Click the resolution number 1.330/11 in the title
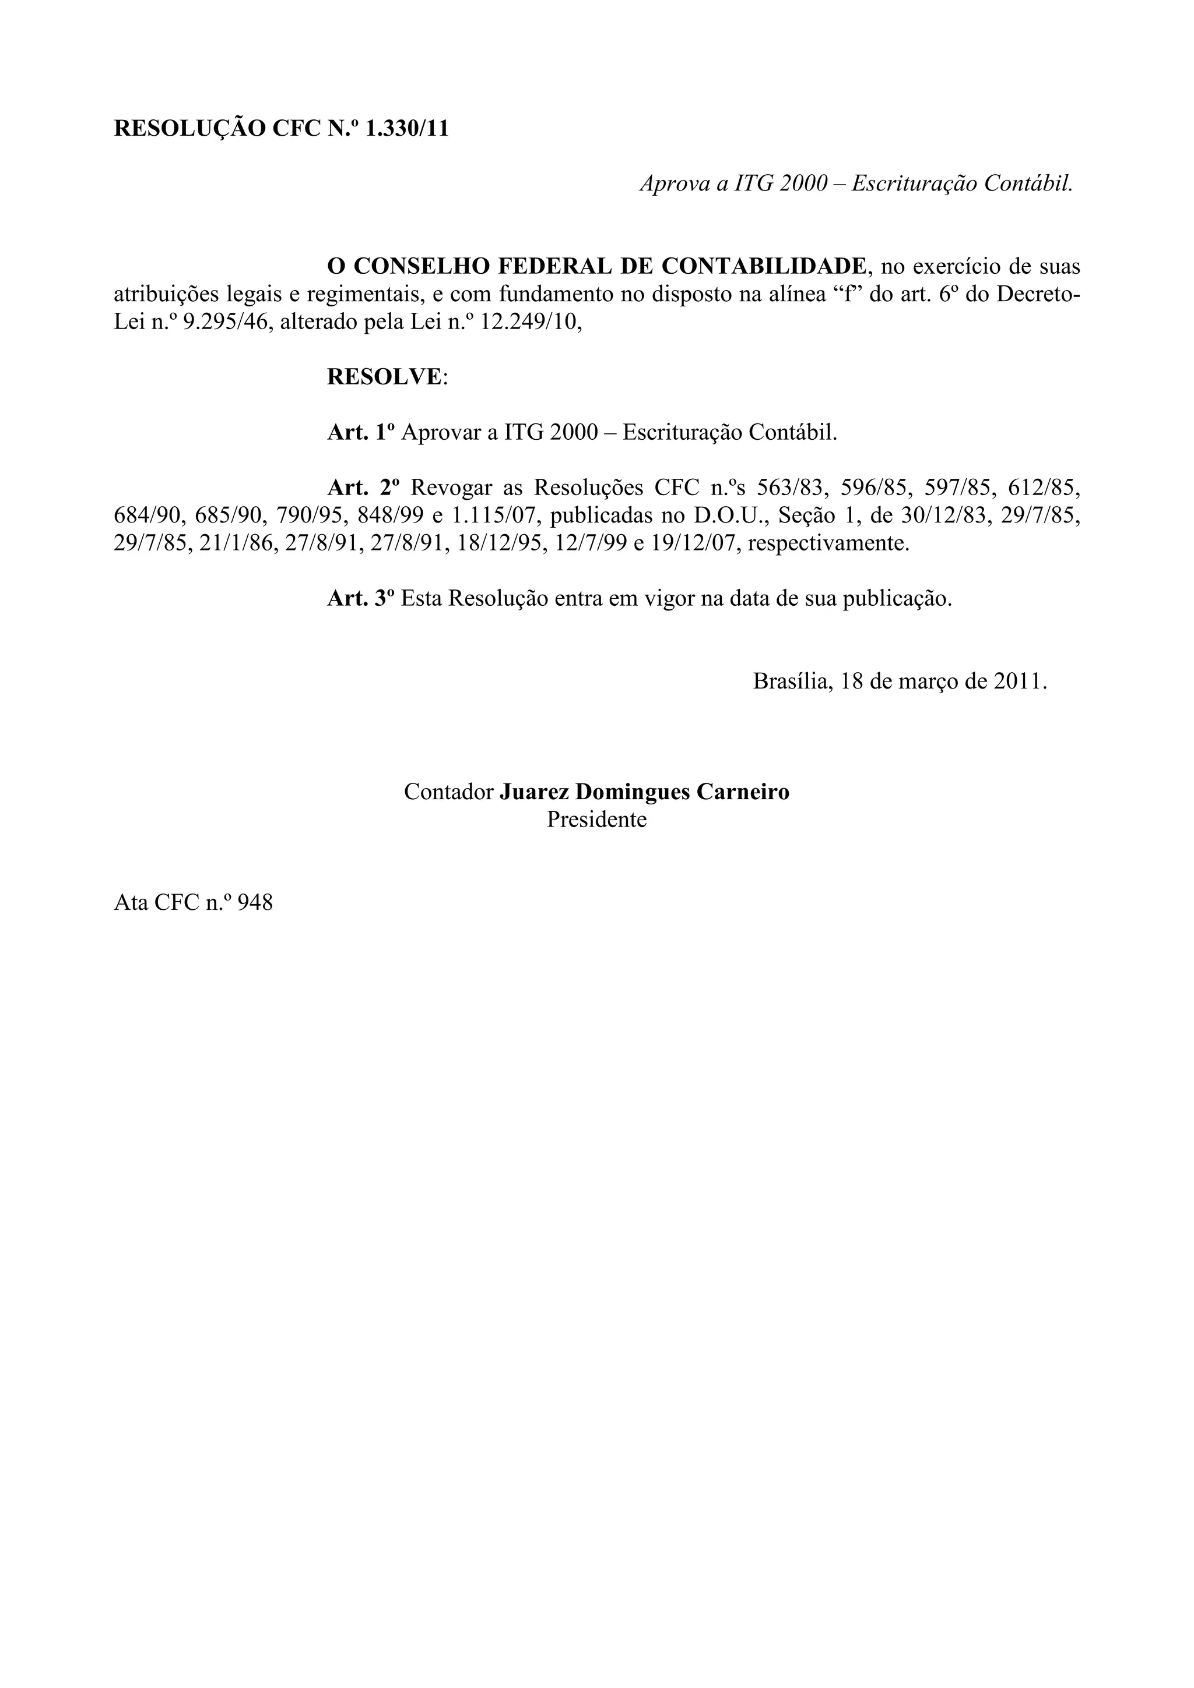point(407,129)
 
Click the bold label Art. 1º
point(360,432)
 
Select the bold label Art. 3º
point(360,598)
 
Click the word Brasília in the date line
point(792,681)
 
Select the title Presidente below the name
point(596,819)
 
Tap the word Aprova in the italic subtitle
point(675,183)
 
